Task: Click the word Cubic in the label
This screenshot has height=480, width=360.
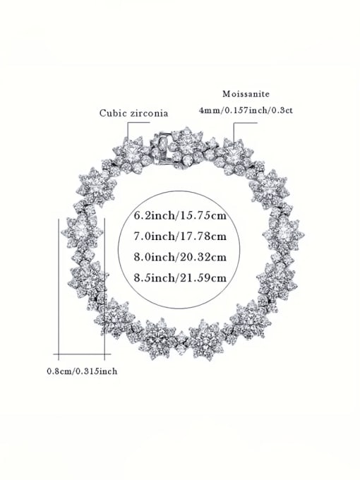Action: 113,112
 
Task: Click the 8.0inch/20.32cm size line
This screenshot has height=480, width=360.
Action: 180,256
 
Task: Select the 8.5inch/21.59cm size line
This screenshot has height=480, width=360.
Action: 180,277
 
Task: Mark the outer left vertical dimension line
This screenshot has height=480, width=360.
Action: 58,282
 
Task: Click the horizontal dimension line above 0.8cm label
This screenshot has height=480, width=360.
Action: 81,352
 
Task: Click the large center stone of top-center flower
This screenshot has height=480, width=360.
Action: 187,146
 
